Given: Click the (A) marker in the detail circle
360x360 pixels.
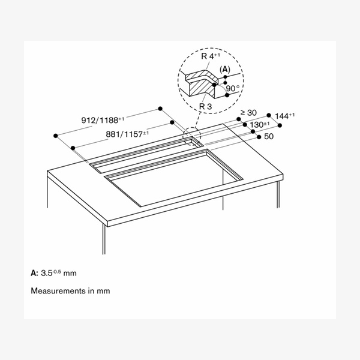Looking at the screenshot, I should coord(225,70).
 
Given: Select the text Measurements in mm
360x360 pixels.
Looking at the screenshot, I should coord(70,291).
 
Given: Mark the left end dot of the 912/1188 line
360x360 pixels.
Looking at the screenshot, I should coord(55,136).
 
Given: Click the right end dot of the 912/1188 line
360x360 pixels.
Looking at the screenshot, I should coord(161,109).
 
